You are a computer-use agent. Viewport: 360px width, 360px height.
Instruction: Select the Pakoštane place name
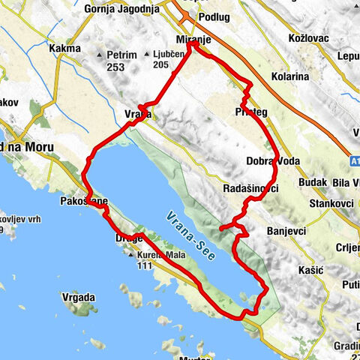click(x=85, y=202)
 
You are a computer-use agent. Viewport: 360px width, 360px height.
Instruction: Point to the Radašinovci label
click(x=250, y=190)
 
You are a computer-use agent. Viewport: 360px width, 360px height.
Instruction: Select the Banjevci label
click(x=285, y=231)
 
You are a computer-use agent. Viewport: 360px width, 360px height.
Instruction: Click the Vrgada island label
click(x=79, y=298)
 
